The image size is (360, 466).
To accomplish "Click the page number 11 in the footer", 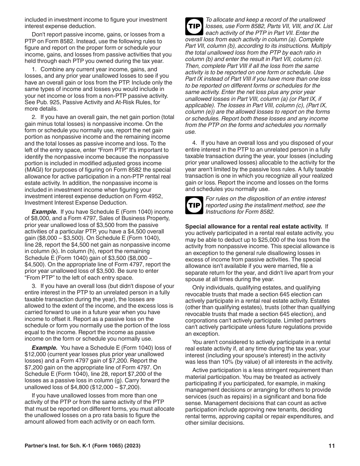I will pyautogui.click(x=332, y=446).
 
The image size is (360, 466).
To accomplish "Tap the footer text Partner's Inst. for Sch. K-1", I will pyautogui.click(x=59, y=446).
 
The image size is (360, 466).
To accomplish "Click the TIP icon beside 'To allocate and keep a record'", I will pyautogui.click(x=194, y=27).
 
